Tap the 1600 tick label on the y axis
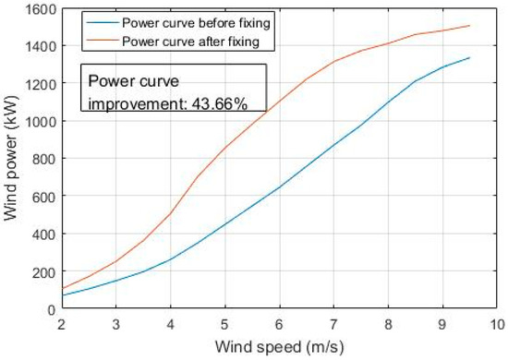click(38, 8)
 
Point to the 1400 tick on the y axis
click(38, 46)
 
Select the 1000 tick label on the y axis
click(38, 121)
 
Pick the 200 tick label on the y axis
click(42, 272)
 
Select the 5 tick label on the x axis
click(224, 324)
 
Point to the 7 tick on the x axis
click(333, 324)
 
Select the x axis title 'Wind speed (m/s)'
click(279, 347)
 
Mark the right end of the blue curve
click(469, 57)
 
